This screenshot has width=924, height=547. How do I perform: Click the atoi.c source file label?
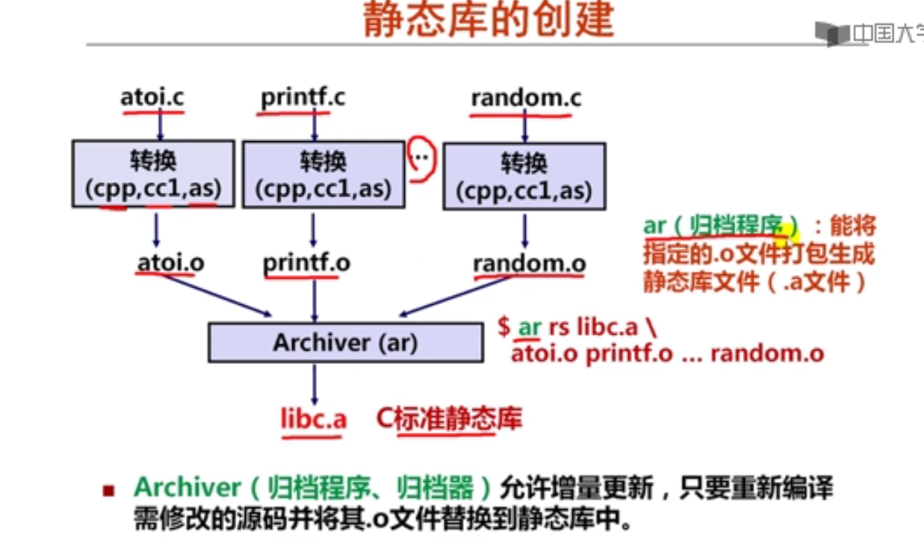[x=152, y=97]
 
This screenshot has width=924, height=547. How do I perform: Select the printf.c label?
[x=303, y=98]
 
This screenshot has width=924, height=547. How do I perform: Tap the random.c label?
[x=527, y=98]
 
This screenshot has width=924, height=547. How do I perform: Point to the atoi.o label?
[x=171, y=263]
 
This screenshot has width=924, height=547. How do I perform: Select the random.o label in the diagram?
[x=530, y=264]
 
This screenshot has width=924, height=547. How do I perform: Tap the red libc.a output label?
[x=314, y=419]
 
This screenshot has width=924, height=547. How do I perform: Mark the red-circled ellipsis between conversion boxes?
[x=421, y=157]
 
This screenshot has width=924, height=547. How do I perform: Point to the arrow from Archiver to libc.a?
[x=314, y=384]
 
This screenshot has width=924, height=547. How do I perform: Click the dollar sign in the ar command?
[x=504, y=327]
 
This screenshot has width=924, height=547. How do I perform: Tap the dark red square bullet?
[x=108, y=490]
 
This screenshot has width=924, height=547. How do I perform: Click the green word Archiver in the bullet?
[x=187, y=488]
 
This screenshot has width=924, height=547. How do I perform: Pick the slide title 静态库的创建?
[x=489, y=19]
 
